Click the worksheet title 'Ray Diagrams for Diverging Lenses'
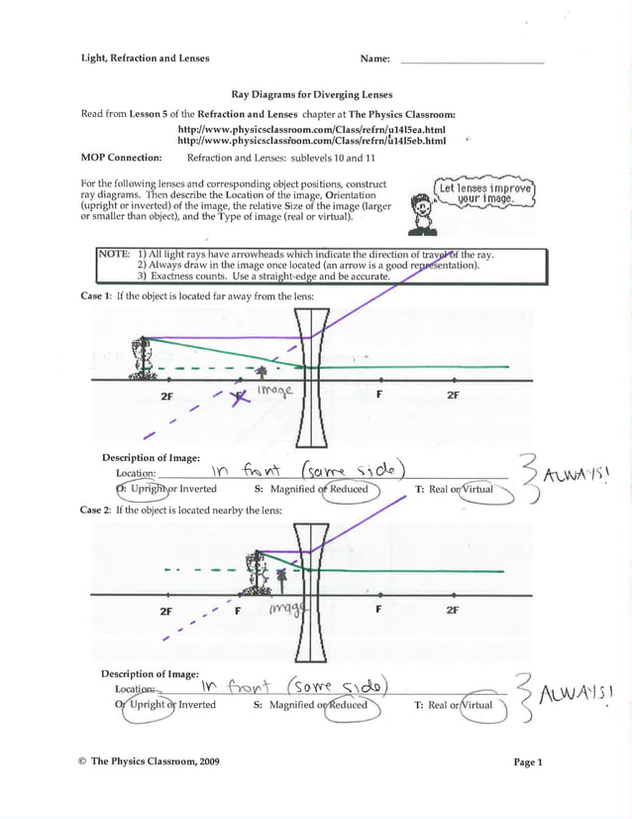click(312, 95)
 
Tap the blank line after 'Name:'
click(472, 60)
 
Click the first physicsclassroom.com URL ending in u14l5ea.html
click(311, 130)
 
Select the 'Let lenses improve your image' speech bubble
click(485, 193)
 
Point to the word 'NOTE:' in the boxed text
click(114, 255)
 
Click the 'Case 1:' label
click(95, 296)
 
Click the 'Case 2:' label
click(95, 510)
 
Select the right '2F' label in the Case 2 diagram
click(452, 610)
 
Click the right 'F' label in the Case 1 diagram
click(379, 395)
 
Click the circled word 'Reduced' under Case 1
click(348, 489)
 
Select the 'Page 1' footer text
click(527, 761)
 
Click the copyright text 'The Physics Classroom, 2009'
click(155, 761)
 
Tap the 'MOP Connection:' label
click(121, 158)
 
